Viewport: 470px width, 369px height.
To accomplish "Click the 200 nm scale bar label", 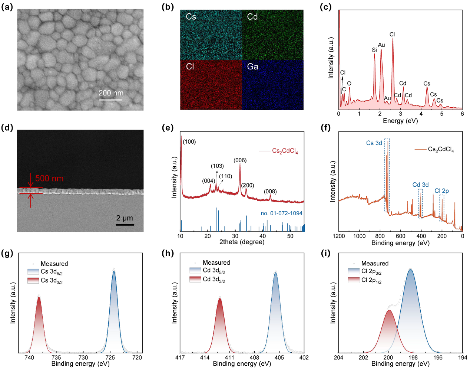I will point(111,93).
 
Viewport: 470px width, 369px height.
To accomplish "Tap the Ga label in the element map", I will point(252,67).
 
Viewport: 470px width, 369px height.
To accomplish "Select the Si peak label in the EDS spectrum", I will point(374,50).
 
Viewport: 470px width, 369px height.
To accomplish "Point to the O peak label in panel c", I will point(349,84).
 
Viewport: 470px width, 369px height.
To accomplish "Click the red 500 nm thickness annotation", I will point(49,179).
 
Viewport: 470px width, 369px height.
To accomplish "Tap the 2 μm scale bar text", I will point(125,218).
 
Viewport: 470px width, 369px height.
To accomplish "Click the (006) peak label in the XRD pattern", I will point(240,160).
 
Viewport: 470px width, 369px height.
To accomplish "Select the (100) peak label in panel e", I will point(189,142).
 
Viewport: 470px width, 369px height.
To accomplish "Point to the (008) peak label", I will point(270,192).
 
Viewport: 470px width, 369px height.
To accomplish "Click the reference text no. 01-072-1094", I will point(281,213).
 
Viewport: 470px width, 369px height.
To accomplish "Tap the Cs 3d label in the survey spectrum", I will point(374,143).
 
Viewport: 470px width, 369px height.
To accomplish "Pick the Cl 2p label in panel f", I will point(441,191).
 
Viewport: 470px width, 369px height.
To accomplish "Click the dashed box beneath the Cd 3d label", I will point(420,203).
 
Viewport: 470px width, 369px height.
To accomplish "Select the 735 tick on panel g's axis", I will point(56,357).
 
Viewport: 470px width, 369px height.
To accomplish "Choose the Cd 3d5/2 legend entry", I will point(214,271).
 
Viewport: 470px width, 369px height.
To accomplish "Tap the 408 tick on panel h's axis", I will point(254,357).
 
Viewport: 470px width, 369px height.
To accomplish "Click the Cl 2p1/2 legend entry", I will point(371,280).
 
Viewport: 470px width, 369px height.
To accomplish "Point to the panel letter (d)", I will point(7,128).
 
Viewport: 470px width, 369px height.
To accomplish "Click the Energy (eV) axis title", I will point(400,121).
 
